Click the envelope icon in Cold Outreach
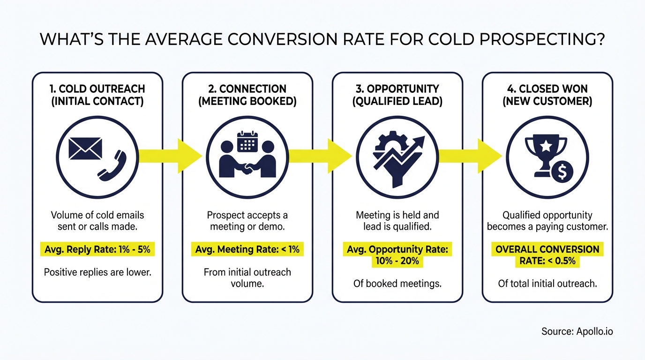click(x=85, y=149)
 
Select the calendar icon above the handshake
click(x=247, y=142)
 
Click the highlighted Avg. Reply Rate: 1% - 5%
click(x=97, y=249)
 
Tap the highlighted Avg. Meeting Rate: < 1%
click(x=247, y=249)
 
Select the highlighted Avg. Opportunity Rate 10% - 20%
click(x=397, y=255)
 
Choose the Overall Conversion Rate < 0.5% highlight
click(x=547, y=255)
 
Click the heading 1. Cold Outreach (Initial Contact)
click(x=97, y=95)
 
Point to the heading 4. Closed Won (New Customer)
click(x=547, y=95)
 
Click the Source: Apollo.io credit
click(x=577, y=331)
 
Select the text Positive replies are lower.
click(x=97, y=272)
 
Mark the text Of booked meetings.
click(x=397, y=284)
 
